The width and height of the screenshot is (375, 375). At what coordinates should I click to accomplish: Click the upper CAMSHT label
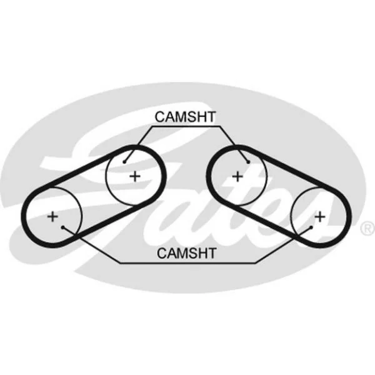[185, 117]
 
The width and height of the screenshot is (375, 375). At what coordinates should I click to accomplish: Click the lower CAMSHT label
[186, 252]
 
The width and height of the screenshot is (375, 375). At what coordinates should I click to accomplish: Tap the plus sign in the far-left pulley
[52, 217]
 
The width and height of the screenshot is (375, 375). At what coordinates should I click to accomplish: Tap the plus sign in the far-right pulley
[320, 217]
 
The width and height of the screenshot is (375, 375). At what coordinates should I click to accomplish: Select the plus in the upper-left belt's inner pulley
[135, 176]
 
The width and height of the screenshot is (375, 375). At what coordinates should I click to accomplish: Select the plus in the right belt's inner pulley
[237, 176]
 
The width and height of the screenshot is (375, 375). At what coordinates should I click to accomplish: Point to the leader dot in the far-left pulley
[63, 227]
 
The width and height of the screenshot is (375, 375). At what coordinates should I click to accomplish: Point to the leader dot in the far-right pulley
[311, 227]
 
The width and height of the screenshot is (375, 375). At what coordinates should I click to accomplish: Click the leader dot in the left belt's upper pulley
[124, 162]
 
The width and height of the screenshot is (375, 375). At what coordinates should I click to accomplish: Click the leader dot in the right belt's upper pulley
[248, 162]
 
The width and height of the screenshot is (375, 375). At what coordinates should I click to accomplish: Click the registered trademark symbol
[367, 228]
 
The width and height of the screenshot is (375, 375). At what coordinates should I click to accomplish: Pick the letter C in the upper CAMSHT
[160, 117]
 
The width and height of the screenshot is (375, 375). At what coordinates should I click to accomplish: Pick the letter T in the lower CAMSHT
[212, 252]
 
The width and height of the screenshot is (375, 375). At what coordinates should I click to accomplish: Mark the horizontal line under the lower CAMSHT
[188, 263]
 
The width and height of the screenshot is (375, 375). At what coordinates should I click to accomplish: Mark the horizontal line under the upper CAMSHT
[186, 126]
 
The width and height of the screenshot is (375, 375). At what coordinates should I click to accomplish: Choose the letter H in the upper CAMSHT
[201, 117]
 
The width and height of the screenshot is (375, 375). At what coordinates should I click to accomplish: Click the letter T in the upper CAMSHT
[211, 117]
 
